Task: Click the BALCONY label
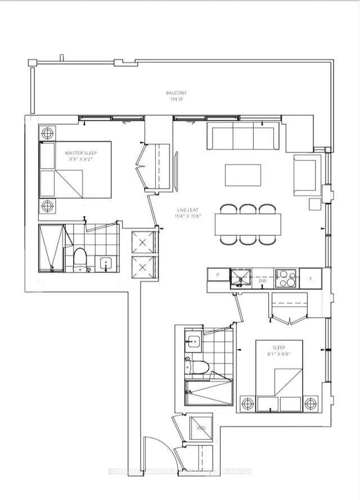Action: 176,93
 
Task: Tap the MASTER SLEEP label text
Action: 79,152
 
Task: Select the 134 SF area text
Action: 176,99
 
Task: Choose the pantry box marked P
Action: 217,274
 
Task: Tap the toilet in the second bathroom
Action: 198,367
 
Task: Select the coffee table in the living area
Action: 243,174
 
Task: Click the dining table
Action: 247,224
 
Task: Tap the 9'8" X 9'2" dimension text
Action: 79,159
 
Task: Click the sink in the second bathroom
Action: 194,340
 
